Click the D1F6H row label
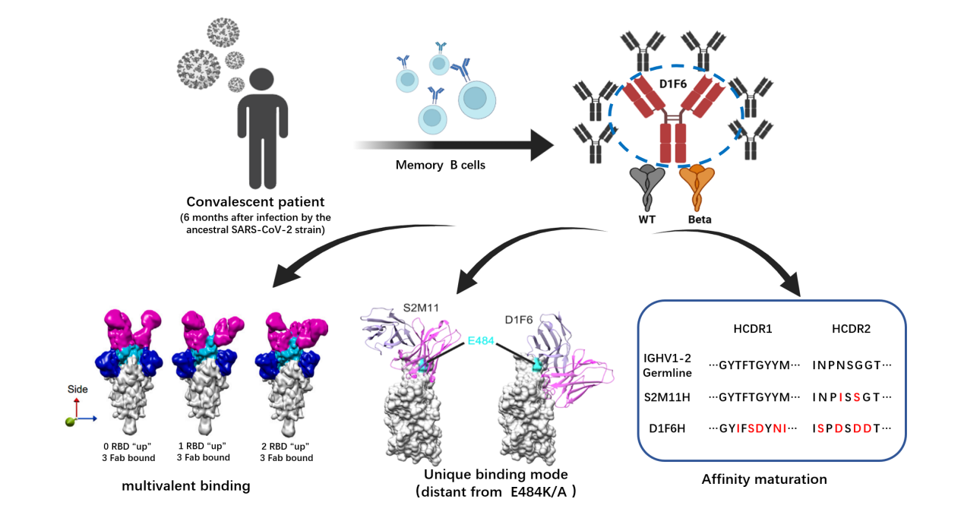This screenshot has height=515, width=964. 666,428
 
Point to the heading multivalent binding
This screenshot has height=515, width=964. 186,485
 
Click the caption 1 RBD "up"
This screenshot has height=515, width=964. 203,446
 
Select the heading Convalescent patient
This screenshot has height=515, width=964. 255,202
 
